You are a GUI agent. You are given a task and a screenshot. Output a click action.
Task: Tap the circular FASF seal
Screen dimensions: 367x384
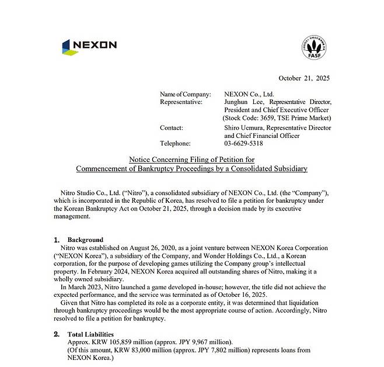[314, 47]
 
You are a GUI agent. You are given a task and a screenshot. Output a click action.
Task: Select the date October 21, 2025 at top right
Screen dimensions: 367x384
[304, 78]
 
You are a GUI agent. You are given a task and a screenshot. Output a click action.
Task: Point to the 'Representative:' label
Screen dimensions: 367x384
[181, 102]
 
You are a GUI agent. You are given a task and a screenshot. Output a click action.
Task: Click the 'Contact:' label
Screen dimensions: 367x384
[172, 127]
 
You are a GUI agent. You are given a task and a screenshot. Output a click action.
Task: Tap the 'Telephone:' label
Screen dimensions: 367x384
[175, 143]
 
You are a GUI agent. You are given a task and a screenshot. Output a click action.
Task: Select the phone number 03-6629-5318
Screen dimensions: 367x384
[243, 143]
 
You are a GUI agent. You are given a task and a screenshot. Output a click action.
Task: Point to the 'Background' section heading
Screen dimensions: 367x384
[85, 240]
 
